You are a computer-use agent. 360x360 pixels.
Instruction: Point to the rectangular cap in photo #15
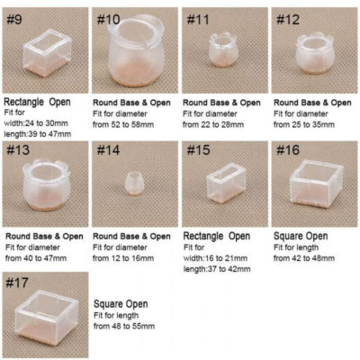click(223, 184)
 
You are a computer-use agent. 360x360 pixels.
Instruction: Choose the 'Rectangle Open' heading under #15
click(216, 236)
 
